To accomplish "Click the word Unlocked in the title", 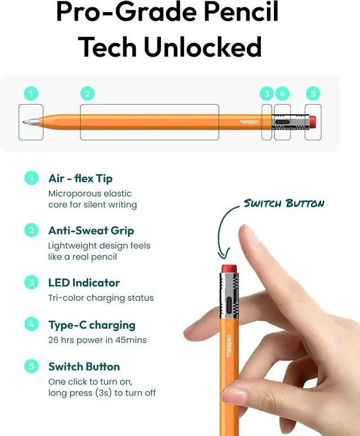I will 203,47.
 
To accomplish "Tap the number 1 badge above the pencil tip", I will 31,93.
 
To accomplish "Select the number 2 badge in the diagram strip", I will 87,93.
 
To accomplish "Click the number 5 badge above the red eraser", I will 313,93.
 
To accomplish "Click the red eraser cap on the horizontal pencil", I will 312,121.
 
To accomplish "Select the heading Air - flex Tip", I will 80,179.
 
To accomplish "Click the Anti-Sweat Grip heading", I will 91,230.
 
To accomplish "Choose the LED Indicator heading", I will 84,283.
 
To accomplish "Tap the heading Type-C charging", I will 92,325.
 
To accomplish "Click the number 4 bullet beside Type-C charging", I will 31,325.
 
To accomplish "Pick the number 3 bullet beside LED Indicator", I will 31,283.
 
